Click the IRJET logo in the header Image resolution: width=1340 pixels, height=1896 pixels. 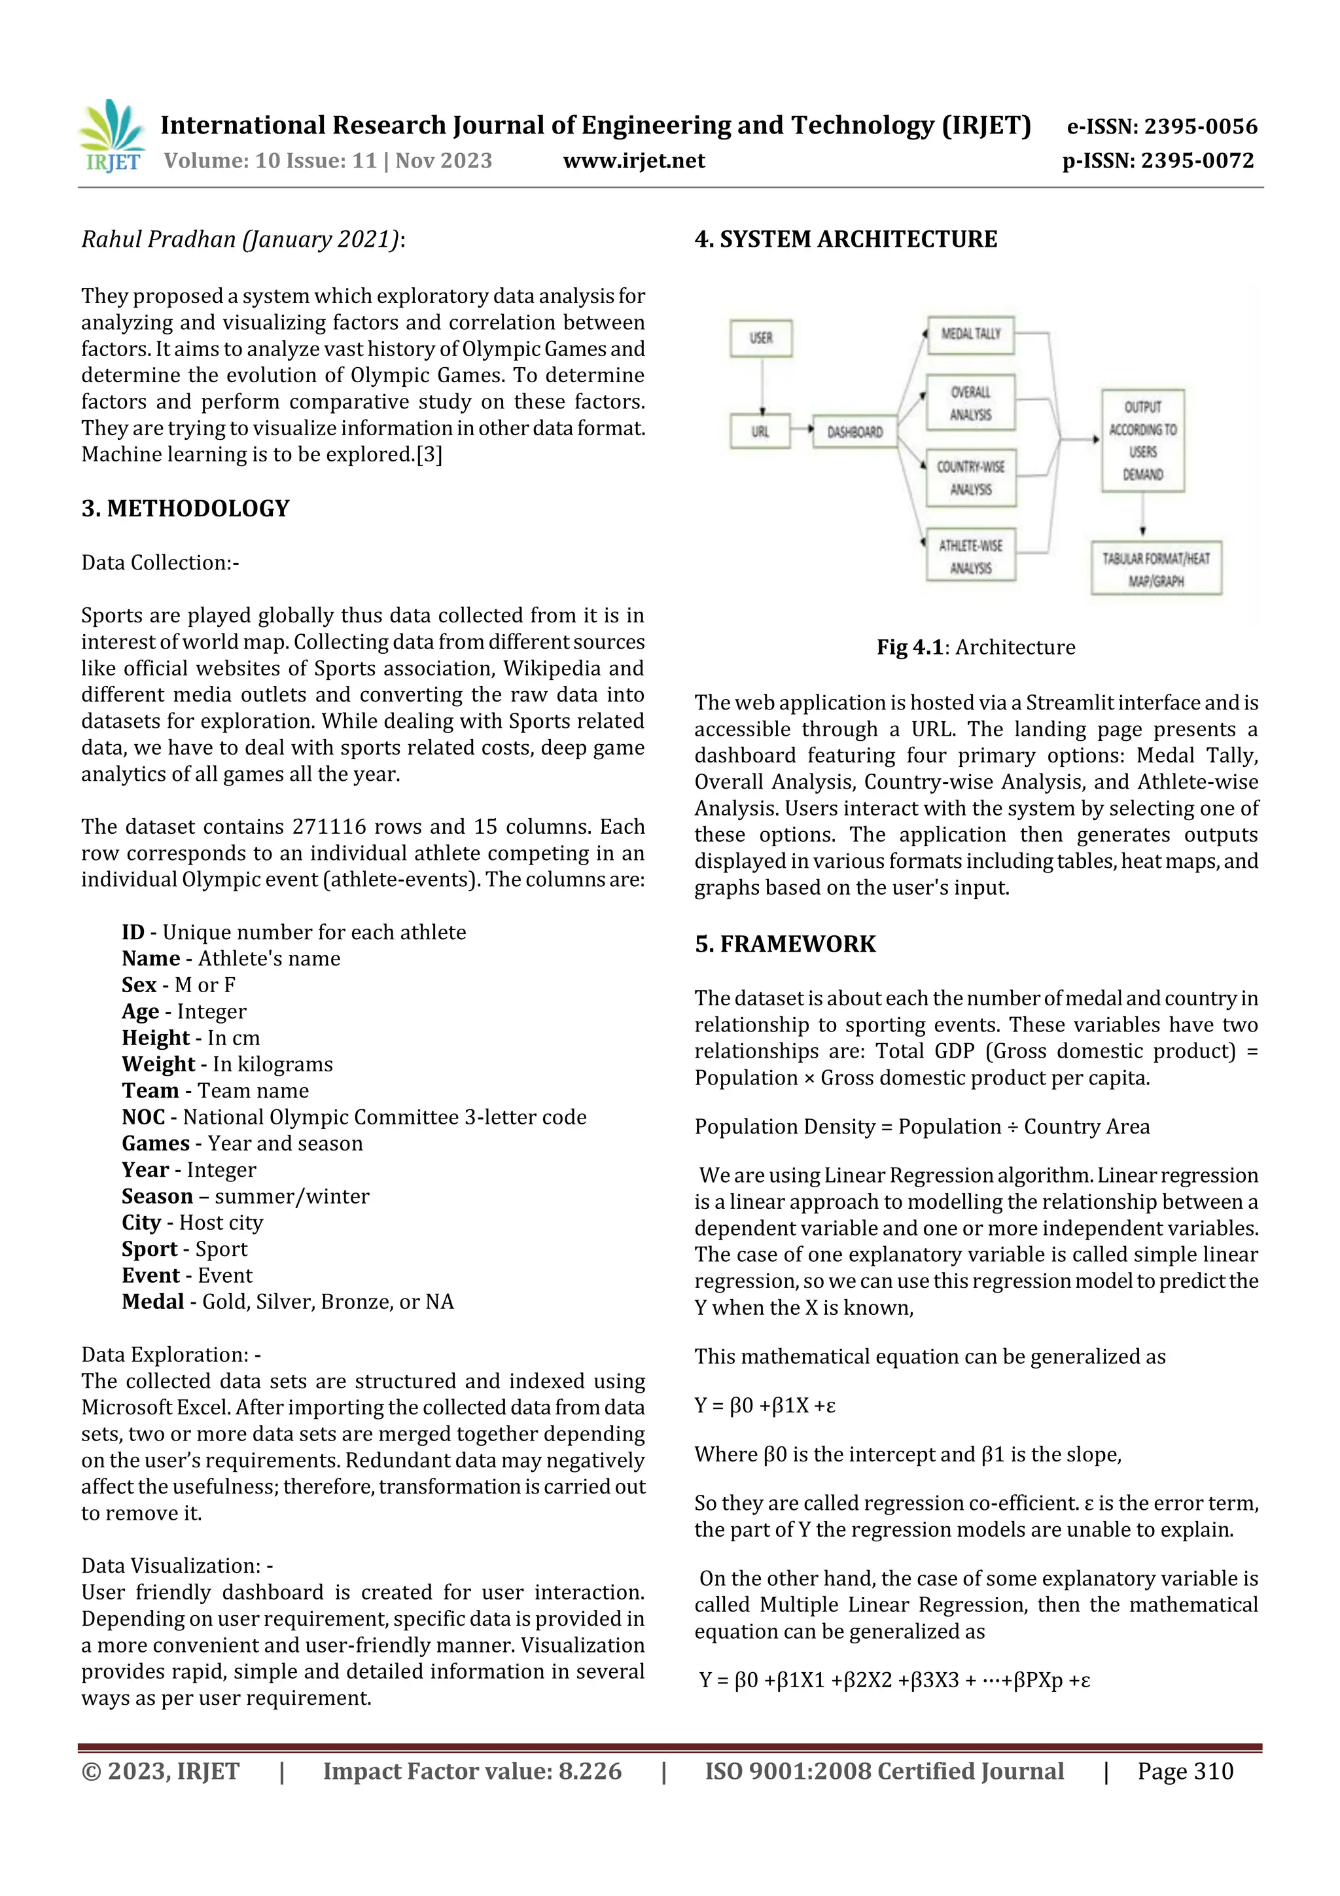(x=113, y=135)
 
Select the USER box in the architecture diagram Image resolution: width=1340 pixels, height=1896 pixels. (x=760, y=338)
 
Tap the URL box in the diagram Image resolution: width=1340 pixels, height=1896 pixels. (x=760, y=431)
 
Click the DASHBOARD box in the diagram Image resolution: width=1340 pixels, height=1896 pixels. (x=855, y=432)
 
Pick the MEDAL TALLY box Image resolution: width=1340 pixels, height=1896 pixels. (x=970, y=334)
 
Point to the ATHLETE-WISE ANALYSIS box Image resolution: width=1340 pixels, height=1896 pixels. (x=970, y=556)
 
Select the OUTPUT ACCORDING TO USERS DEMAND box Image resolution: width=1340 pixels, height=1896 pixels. (x=1142, y=440)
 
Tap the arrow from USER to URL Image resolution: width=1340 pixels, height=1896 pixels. (x=762, y=385)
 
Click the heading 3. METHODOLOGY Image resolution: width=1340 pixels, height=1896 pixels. (x=185, y=509)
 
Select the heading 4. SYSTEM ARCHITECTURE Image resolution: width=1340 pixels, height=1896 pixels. (x=845, y=240)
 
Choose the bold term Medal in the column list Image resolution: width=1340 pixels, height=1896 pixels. (x=152, y=1302)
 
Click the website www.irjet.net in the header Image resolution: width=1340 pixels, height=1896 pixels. (x=633, y=160)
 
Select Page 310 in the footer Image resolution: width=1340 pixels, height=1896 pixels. (x=1185, y=1770)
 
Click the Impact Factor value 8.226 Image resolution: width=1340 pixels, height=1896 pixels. (x=590, y=1770)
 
